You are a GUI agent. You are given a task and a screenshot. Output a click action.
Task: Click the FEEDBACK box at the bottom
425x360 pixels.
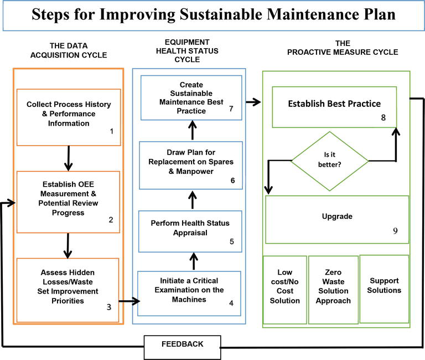[x=182, y=344]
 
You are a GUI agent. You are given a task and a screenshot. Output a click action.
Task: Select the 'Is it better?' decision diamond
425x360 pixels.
[x=329, y=161]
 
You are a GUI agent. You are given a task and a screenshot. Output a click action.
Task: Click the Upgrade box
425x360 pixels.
[x=337, y=219]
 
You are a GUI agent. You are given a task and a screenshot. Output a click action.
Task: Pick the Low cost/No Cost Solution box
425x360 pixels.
[x=284, y=289]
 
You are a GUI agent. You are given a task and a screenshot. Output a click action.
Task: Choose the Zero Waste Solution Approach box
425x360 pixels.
[x=334, y=289]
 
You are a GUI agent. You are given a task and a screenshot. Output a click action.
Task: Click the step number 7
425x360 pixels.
[x=231, y=109]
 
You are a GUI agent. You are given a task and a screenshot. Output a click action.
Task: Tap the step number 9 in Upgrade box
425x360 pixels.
[x=395, y=231]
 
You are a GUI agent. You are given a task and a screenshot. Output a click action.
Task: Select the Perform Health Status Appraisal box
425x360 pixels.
[x=190, y=231]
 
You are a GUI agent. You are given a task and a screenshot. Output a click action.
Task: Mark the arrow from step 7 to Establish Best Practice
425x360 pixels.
[x=253, y=102]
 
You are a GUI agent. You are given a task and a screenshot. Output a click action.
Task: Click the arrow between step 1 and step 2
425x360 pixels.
[x=69, y=158]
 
